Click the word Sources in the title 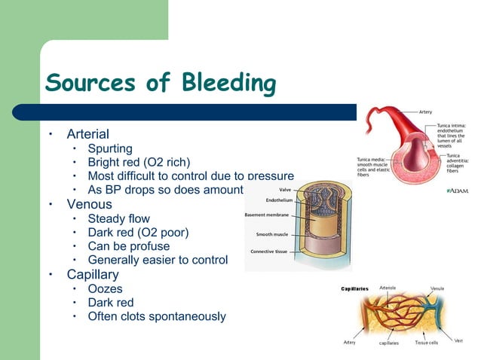tap(90, 83)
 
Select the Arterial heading tap(87, 134)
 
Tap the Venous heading tap(89, 204)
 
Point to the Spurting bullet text tap(110, 148)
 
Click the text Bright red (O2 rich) tap(139, 162)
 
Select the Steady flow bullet tap(118, 218)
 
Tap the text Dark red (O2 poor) tap(139, 232)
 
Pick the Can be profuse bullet tap(129, 246)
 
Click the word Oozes tap(105, 288)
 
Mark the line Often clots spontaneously tap(156, 316)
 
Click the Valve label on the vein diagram tap(286, 190)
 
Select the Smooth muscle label tap(271, 234)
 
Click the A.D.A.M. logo tap(458, 192)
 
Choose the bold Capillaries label tap(354, 288)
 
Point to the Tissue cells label tap(429, 343)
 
